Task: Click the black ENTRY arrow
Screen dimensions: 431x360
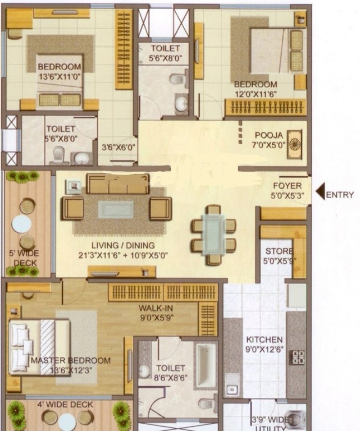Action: tap(320, 194)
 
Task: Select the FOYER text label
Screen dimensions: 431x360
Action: tap(287, 186)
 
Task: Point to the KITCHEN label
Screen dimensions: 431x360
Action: tap(264, 340)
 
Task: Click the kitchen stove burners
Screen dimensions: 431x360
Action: tap(297, 357)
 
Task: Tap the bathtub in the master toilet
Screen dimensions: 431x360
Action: tap(206, 365)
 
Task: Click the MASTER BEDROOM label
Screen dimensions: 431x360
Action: tap(71, 360)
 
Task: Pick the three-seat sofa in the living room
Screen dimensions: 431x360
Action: tap(117, 184)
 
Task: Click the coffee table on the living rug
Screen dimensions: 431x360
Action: tap(116, 209)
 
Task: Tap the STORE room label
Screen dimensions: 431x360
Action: tap(279, 251)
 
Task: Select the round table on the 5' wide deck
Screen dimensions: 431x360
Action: tap(22, 224)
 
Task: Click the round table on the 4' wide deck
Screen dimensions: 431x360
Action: tap(67, 421)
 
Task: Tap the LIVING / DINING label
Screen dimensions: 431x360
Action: tap(124, 245)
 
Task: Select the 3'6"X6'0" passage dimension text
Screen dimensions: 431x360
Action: tap(118, 148)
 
